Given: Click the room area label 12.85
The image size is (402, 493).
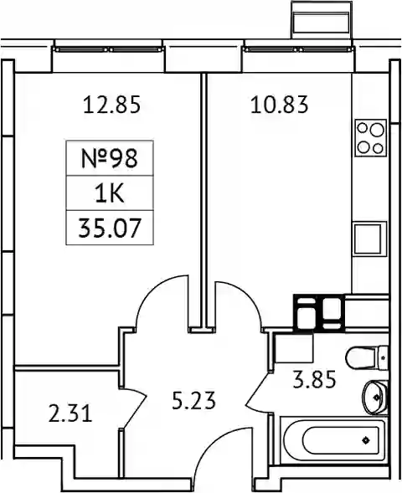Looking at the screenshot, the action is pyautogui.click(x=111, y=105).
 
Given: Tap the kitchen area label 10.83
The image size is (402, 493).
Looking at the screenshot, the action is pyautogui.click(x=280, y=105).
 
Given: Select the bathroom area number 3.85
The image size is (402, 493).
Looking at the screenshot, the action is pyautogui.click(x=314, y=380).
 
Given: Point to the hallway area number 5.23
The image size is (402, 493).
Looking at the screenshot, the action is pyautogui.click(x=193, y=401).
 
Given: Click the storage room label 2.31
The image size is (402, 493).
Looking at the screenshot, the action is pyautogui.click(x=70, y=413).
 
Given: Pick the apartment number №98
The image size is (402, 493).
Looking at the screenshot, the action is pyautogui.click(x=110, y=158).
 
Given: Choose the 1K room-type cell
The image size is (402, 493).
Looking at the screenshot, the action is pyautogui.click(x=110, y=193).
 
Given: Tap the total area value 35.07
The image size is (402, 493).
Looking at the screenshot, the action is pyautogui.click(x=110, y=228).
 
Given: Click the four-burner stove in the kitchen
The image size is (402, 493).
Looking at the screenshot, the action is pyautogui.click(x=370, y=138).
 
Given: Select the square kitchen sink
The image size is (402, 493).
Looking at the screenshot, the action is pyautogui.click(x=369, y=238).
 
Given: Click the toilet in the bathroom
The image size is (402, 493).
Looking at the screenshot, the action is pyautogui.click(x=367, y=357).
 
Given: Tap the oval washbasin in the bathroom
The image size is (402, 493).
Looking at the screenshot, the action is pyautogui.click(x=375, y=398).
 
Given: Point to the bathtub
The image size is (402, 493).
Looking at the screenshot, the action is pyautogui.click(x=332, y=440).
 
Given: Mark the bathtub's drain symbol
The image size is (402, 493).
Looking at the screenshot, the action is pyautogui.click(x=365, y=440).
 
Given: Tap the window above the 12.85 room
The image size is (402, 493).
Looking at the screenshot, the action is pyautogui.click(x=109, y=49).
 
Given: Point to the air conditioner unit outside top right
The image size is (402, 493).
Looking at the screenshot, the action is pyautogui.click(x=321, y=19).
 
